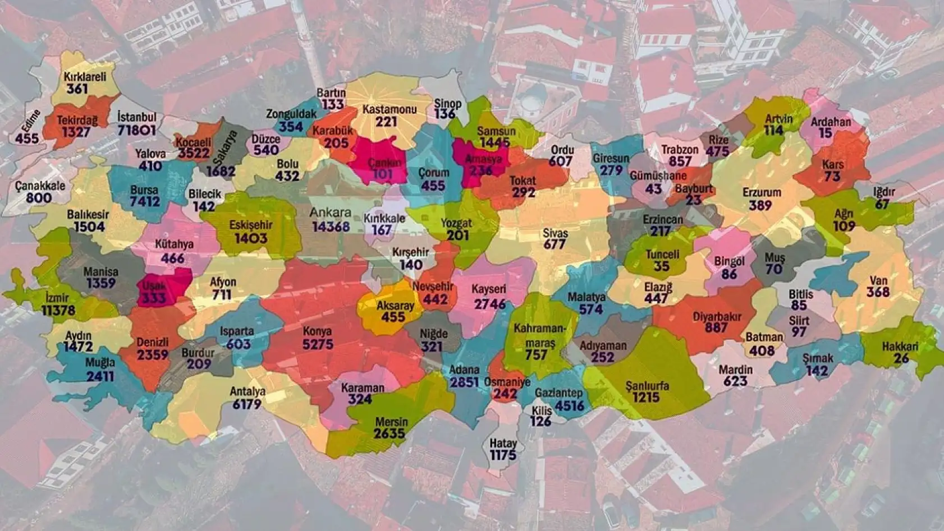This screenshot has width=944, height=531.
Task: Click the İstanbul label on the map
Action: [x=137, y=117]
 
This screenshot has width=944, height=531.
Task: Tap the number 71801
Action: [x=136, y=130]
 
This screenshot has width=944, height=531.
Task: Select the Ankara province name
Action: [x=331, y=213]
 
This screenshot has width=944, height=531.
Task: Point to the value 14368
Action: [x=331, y=227]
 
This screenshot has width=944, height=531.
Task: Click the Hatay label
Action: [x=503, y=443]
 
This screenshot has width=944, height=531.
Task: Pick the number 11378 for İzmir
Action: [x=58, y=310]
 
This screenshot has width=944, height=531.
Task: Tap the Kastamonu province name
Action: [x=389, y=109]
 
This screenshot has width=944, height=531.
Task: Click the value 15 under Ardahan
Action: [x=825, y=133]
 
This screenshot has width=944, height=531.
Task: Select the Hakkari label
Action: [x=900, y=347]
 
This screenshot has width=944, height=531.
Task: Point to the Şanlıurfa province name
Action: [x=647, y=386]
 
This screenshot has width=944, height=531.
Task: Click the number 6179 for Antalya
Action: [x=247, y=404]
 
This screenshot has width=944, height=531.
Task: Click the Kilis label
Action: [x=542, y=410]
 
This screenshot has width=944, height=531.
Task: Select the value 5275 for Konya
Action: [x=318, y=344]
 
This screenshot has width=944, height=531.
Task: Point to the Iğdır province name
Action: [x=883, y=192]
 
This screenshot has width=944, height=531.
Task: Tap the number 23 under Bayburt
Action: [x=693, y=200]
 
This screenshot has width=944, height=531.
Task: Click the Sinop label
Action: [x=447, y=104]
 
